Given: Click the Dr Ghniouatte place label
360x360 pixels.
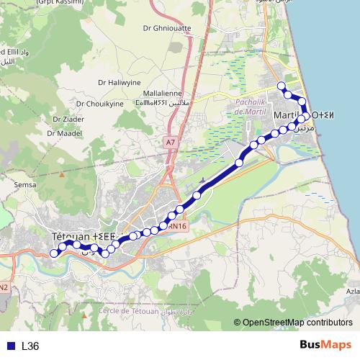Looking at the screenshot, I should [x=167, y=29].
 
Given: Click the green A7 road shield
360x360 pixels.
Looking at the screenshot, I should [x=170, y=143].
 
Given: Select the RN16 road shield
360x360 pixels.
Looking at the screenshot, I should [x=179, y=226].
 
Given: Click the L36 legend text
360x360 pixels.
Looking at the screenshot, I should [x=30, y=346].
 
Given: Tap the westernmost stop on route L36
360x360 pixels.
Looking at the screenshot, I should [x=54, y=253].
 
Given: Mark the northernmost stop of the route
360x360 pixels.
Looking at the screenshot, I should [x=282, y=86].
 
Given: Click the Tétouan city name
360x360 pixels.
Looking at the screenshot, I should [x=73, y=236].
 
